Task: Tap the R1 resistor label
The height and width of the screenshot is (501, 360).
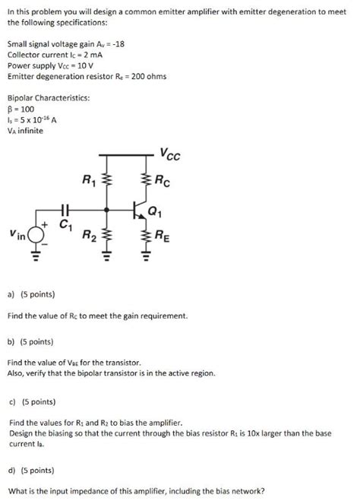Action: (x=89, y=181)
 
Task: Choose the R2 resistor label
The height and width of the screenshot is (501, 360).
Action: (x=89, y=233)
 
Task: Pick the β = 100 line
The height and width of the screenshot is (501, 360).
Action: (x=22, y=109)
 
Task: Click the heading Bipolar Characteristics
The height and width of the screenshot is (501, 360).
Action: (x=48, y=98)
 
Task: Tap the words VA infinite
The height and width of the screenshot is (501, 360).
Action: (x=25, y=130)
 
